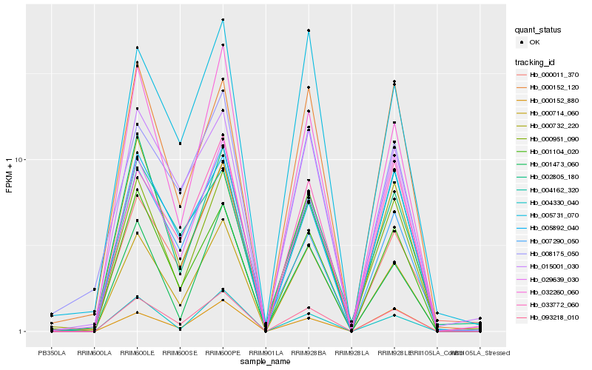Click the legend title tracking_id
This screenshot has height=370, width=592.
(x=536, y=61)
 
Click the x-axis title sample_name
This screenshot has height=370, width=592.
(x=265, y=362)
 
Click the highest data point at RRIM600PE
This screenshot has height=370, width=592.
(x=223, y=20)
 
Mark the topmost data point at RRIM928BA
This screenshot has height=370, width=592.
(x=309, y=30)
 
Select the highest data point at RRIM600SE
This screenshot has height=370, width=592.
(x=180, y=143)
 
